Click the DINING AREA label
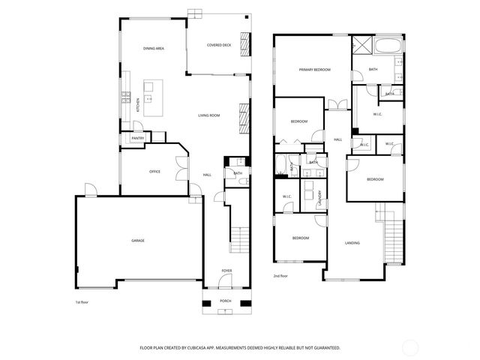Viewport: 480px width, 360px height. pos(154,48)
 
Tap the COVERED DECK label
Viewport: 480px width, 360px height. pos(218,45)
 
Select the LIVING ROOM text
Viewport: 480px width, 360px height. pos(208,115)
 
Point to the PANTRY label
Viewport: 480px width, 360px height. pos(138,138)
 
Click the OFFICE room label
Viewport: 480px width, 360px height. pos(154,172)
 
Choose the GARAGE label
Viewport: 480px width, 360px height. pos(138,240)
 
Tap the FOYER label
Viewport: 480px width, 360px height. pos(226,270)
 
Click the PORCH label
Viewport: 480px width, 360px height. pos(225,301)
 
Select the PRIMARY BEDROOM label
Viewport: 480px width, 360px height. pos(315,69)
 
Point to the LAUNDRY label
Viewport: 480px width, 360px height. pos(320,198)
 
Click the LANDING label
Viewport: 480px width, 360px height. pos(352,243)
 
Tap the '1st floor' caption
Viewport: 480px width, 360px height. pos(82,302)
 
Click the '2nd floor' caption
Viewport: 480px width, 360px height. pos(281,276)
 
